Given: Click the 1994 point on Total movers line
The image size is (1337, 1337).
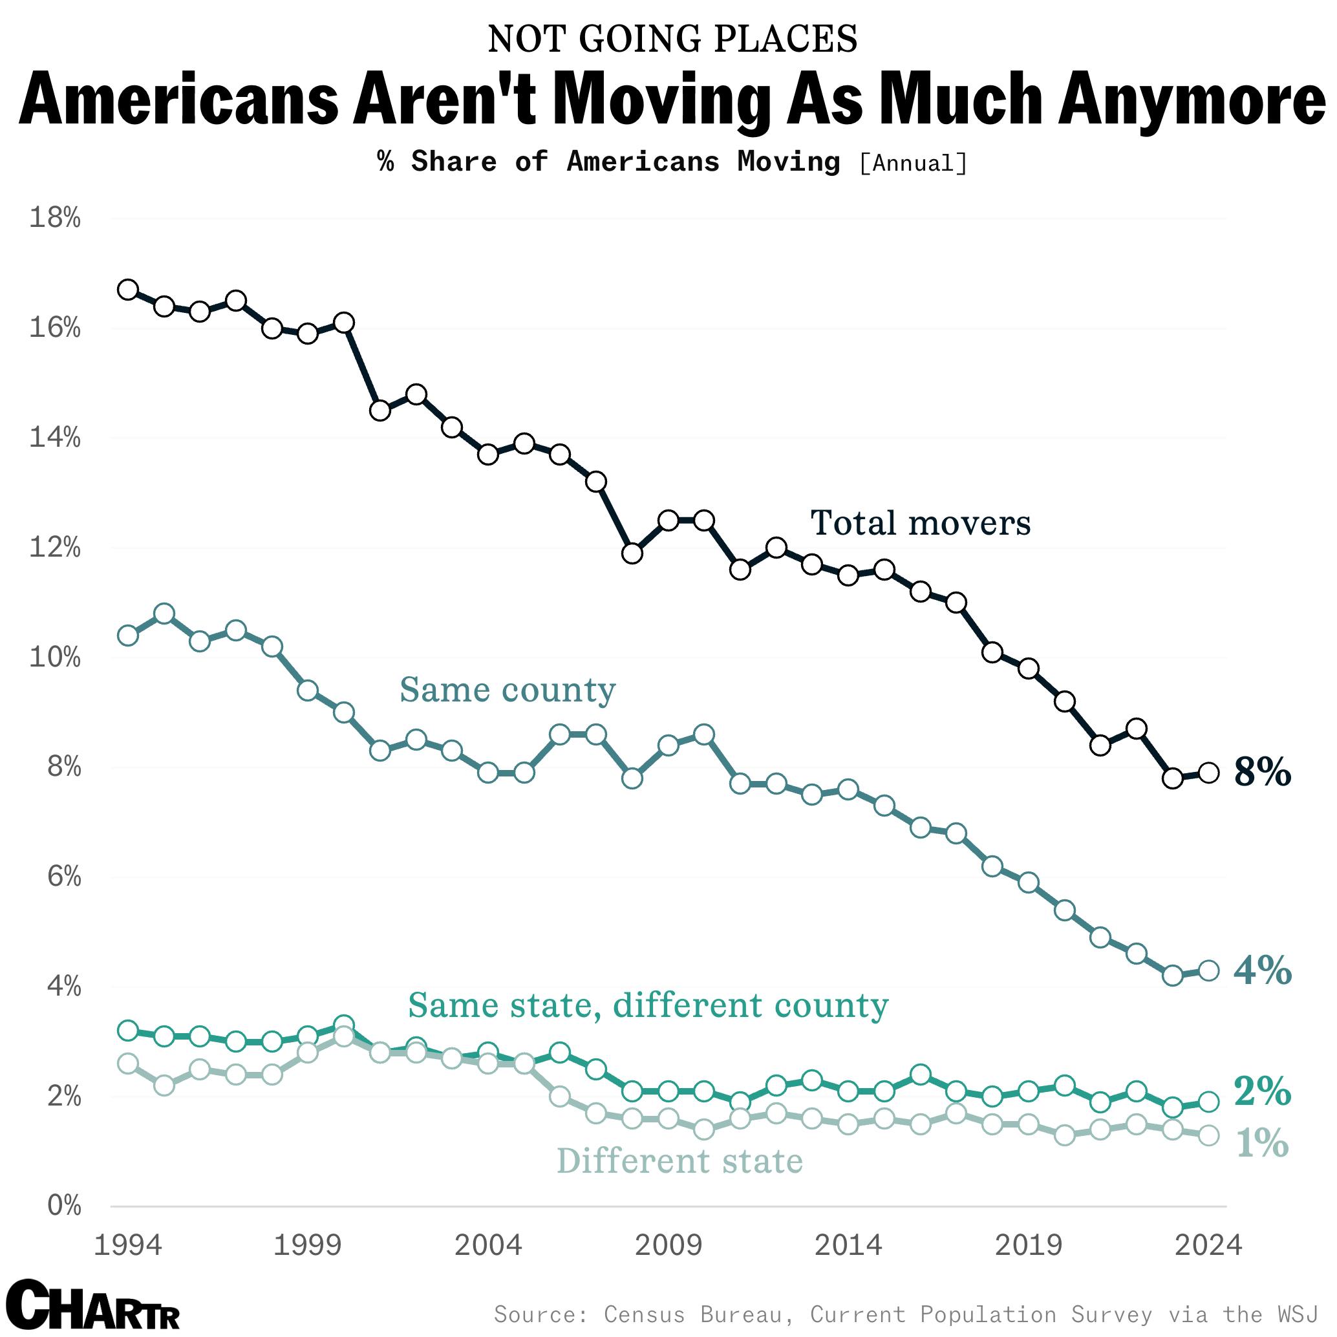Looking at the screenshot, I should pyautogui.click(x=128, y=289).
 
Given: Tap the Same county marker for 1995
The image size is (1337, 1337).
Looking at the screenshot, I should pyautogui.click(x=164, y=614).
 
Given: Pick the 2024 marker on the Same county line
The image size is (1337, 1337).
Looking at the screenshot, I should pyautogui.click(x=1208, y=971).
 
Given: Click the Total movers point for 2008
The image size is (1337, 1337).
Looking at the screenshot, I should pyautogui.click(x=632, y=553).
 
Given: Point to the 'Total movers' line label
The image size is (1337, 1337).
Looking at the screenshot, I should pyautogui.click(x=920, y=523).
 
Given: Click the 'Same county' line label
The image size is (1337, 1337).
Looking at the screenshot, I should pyautogui.click(x=508, y=690).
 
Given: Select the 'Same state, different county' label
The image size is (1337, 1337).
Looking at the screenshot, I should pyautogui.click(x=648, y=1005).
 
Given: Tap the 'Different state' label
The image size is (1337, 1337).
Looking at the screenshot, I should pyautogui.click(x=679, y=1161).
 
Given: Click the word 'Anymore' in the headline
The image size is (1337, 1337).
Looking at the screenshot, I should pyautogui.click(x=1190, y=99).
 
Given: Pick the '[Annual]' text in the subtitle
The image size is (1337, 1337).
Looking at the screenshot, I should pyautogui.click(x=913, y=164).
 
